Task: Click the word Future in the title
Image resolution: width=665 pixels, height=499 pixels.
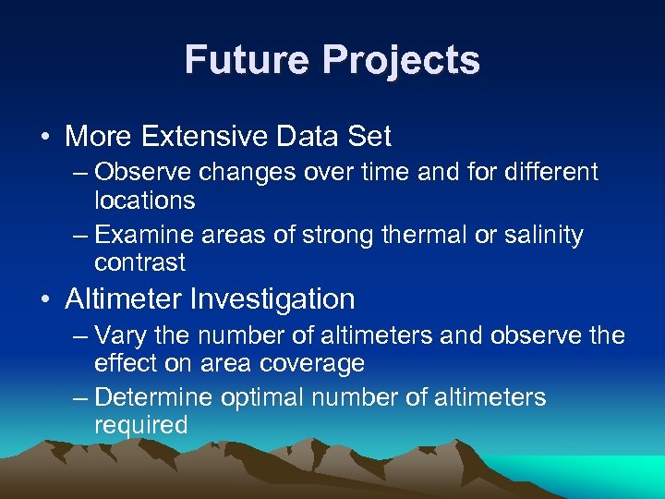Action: tap(247, 61)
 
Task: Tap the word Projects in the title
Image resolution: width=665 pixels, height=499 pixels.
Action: tap(400, 61)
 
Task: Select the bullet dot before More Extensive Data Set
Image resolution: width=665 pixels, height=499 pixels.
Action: tap(45, 138)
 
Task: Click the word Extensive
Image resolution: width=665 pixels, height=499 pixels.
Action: tap(194, 137)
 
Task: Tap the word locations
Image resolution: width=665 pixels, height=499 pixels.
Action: tap(145, 201)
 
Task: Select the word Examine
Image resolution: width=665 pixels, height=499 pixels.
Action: tap(140, 235)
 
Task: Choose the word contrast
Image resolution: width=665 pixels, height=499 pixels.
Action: tap(140, 262)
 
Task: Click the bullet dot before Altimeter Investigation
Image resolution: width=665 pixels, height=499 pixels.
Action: tap(45, 300)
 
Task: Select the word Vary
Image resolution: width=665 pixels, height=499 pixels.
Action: tap(119, 335)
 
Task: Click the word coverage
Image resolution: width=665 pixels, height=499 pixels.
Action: tap(316, 363)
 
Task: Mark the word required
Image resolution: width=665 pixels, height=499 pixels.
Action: tap(141, 425)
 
